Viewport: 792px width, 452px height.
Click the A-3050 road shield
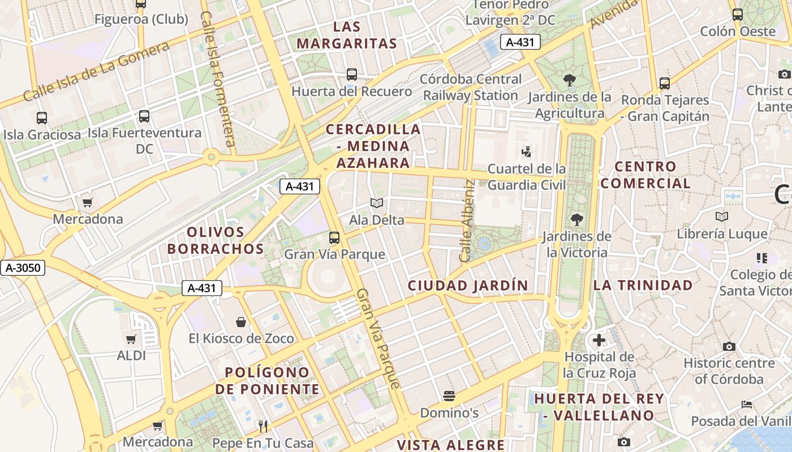pos(22,267)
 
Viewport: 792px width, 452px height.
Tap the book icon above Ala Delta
pos(377,203)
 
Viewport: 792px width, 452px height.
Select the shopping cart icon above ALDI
pos(131,340)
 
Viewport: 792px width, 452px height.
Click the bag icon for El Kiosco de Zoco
pos(241,322)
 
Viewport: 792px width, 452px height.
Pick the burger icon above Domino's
pos(449,396)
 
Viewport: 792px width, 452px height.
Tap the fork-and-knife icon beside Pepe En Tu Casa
pos(262,426)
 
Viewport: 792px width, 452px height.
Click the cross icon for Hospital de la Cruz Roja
pos(599,340)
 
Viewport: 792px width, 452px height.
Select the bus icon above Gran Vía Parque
pos(334,238)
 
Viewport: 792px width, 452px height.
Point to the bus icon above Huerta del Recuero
pos(352,75)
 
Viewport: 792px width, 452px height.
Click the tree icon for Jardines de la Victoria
pos(577,220)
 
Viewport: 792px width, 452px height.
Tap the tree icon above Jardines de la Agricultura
pos(570,80)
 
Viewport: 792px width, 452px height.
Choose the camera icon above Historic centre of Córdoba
pos(729,346)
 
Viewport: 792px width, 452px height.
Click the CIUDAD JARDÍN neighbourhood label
pos(468,285)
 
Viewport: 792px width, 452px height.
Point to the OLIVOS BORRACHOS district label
pos(216,240)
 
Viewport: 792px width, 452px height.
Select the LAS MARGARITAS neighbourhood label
pos(347,35)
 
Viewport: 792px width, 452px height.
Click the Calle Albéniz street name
pos(467,220)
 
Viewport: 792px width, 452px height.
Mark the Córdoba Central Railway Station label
pos(471,87)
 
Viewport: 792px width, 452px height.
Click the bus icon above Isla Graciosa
pos(42,118)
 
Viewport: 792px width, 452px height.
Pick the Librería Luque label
pos(722,234)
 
